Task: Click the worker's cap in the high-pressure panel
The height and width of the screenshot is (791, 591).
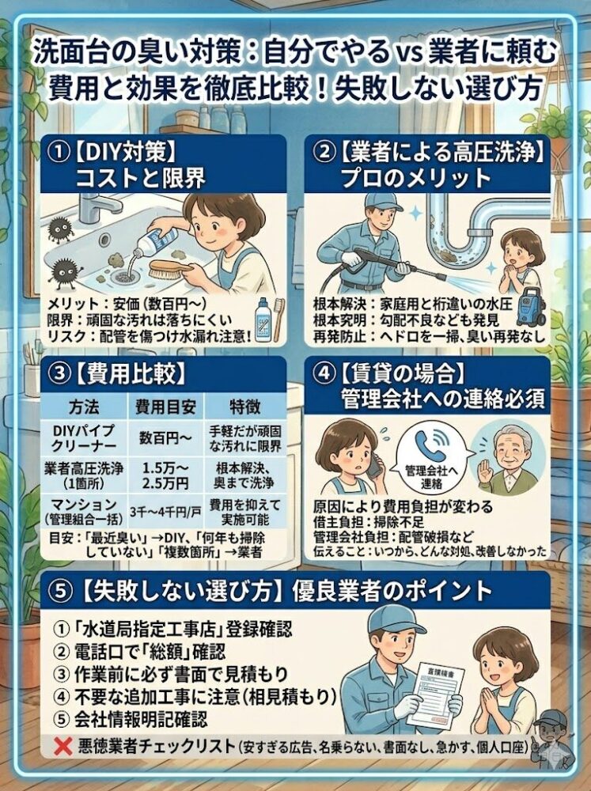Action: coord(382,200)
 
